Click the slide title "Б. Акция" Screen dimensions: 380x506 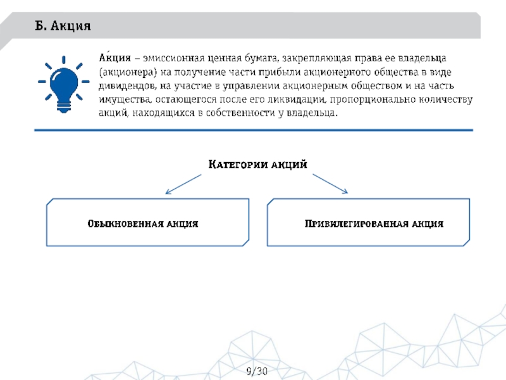tap(63, 27)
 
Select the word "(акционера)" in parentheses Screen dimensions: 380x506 tap(128, 72)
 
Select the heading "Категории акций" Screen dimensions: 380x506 tap(258, 165)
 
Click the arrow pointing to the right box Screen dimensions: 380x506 tap(329, 183)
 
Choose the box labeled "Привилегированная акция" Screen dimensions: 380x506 tap(369, 222)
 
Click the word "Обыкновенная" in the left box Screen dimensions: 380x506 tap(125, 224)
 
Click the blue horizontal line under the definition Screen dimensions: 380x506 tap(253, 130)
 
